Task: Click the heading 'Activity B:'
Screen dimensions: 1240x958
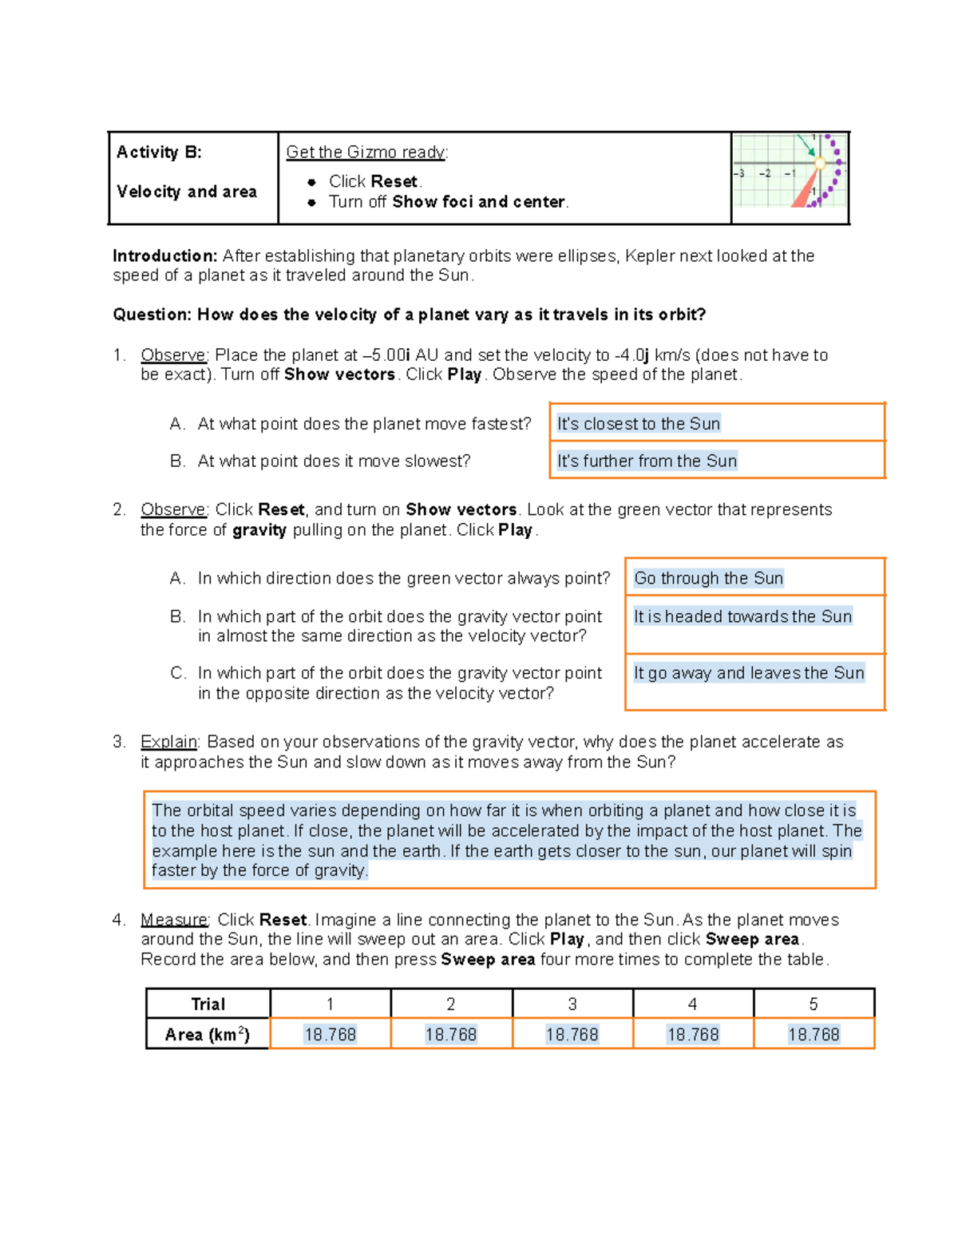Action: pyautogui.click(x=159, y=153)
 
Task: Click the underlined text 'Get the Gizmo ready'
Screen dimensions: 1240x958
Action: pyautogui.click(x=366, y=153)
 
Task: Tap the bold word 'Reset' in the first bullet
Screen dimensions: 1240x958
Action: pyautogui.click(x=394, y=181)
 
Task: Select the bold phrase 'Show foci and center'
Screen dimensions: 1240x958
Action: pyautogui.click(x=478, y=202)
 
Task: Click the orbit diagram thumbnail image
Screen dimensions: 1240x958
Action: pyautogui.click(x=790, y=172)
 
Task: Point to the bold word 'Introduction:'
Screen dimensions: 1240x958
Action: pyautogui.click(x=164, y=256)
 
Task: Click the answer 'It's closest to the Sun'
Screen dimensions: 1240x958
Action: pyautogui.click(x=639, y=424)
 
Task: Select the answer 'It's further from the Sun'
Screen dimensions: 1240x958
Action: pyautogui.click(x=647, y=461)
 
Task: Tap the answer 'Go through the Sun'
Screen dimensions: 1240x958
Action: pyautogui.click(x=708, y=578)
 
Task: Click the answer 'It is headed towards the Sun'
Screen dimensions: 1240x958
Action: pyautogui.click(x=742, y=616)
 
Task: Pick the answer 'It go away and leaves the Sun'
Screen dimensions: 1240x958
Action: pyautogui.click(x=749, y=673)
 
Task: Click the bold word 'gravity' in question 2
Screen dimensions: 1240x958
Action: pyautogui.click(x=259, y=530)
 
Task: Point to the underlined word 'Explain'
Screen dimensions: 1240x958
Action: pyautogui.click(x=168, y=742)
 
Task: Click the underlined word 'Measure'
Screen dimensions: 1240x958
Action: pyautogui.click(x=174, y=920)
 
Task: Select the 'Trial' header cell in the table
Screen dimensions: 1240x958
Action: pyautogui.click(x=208, y=1004)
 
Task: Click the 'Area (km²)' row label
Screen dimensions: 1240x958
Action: pyautogui.click(x=208, y=1035)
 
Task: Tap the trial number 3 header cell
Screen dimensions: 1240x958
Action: pyautogui.click(x=572, y=1004)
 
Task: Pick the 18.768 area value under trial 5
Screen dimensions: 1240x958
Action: pyautogui.click(x=814, y=1035)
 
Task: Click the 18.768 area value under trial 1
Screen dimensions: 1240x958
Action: pyautogui.click(x=330, y=1035)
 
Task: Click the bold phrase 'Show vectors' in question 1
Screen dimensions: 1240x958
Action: pyautogui.click(x=339, y=375)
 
